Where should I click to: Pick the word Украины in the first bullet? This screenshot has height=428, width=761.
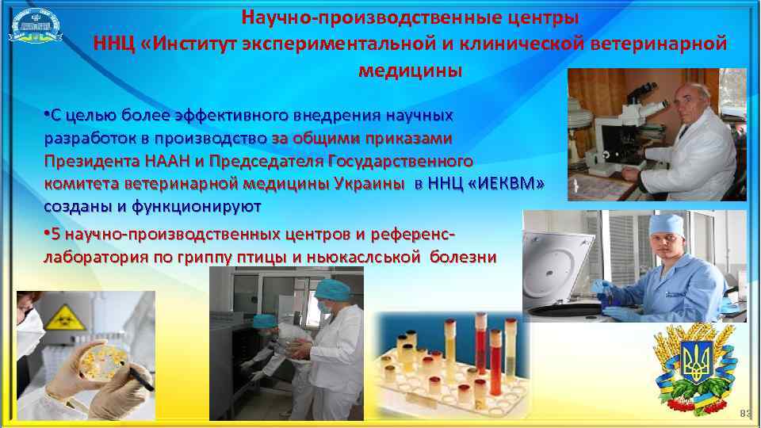(367, 184)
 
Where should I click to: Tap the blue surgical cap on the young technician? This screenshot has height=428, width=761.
(664, 225)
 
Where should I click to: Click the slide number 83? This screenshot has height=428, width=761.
(744, 415)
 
